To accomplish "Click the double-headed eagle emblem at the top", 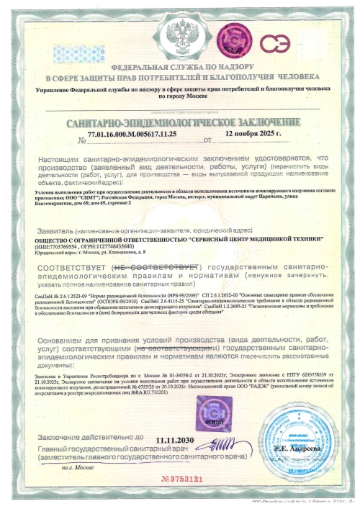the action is [180, 33].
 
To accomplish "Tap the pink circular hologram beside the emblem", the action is [231, 36].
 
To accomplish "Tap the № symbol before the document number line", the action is [71, 140].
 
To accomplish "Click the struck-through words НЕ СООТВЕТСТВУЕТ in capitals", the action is [137, 266].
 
